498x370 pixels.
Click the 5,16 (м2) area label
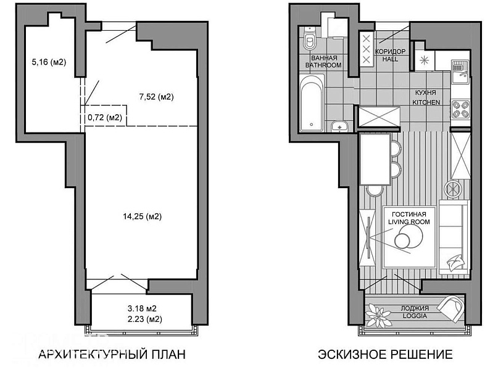(x=49, y=62)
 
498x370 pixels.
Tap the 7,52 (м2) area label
(x=157, y=97)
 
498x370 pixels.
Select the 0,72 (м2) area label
(x=105, y=117)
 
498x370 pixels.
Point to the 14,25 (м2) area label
(x=143, y=216)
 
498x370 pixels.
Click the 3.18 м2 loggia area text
(x=142, y=308)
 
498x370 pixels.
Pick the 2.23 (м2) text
(x=145, y=319)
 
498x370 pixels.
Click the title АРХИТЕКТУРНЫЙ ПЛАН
(x=112, y=354)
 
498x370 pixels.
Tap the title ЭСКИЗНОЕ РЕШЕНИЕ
(x=385, y=354)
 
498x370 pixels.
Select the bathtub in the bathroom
(x=312, y=103)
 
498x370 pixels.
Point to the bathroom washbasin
(x=340, y=127)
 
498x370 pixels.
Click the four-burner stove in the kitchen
(x=460, y=109)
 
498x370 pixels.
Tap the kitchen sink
(x=460, y=72)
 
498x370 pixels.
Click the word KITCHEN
(x=426, y=102)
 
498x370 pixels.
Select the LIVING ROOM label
(x=409, y=222)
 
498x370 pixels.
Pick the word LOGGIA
(x=415, y=316)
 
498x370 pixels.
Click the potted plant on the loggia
(x=378, y=314)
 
